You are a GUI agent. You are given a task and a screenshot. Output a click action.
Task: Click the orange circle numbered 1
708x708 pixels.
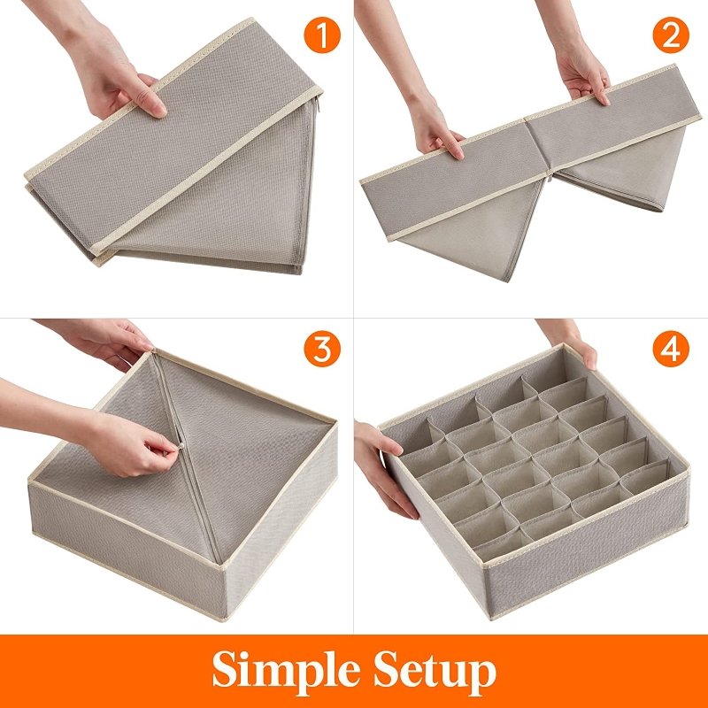click(322, 35)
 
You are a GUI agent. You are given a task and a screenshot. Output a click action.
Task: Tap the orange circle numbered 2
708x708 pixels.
click(671, 35)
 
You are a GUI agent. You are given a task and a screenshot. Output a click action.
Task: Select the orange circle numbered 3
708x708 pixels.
click(322, 349)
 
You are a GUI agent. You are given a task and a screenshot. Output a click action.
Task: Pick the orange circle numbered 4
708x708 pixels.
click(671, 349)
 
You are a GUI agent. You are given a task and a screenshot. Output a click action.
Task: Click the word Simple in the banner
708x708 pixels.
click(286, 672)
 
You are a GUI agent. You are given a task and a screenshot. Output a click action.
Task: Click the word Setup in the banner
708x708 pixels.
click(435, 672)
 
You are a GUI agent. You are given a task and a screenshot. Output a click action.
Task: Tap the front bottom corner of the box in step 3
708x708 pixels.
click(224, 620)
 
